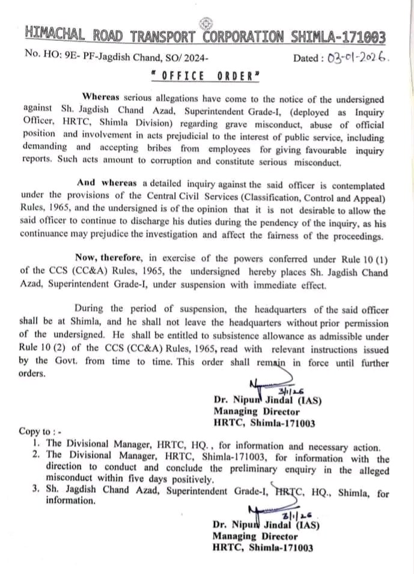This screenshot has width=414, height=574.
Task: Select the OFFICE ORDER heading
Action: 205,76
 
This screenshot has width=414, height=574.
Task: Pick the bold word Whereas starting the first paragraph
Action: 101,97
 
